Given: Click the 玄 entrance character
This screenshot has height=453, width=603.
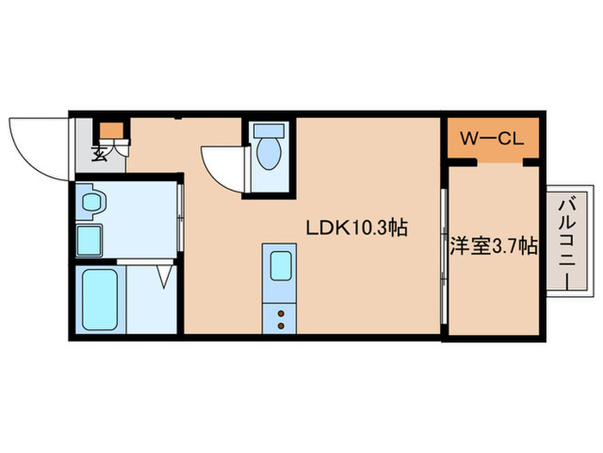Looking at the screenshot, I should (x=100, y=155).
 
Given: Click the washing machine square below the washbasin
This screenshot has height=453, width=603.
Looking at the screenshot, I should (x=90, y=237).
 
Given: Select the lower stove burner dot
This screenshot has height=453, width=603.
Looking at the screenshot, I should (x=280, y=325).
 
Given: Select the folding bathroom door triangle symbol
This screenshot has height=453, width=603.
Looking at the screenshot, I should (x=164, y=275).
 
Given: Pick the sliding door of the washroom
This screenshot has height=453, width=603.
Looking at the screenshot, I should (x=181, y=221).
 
